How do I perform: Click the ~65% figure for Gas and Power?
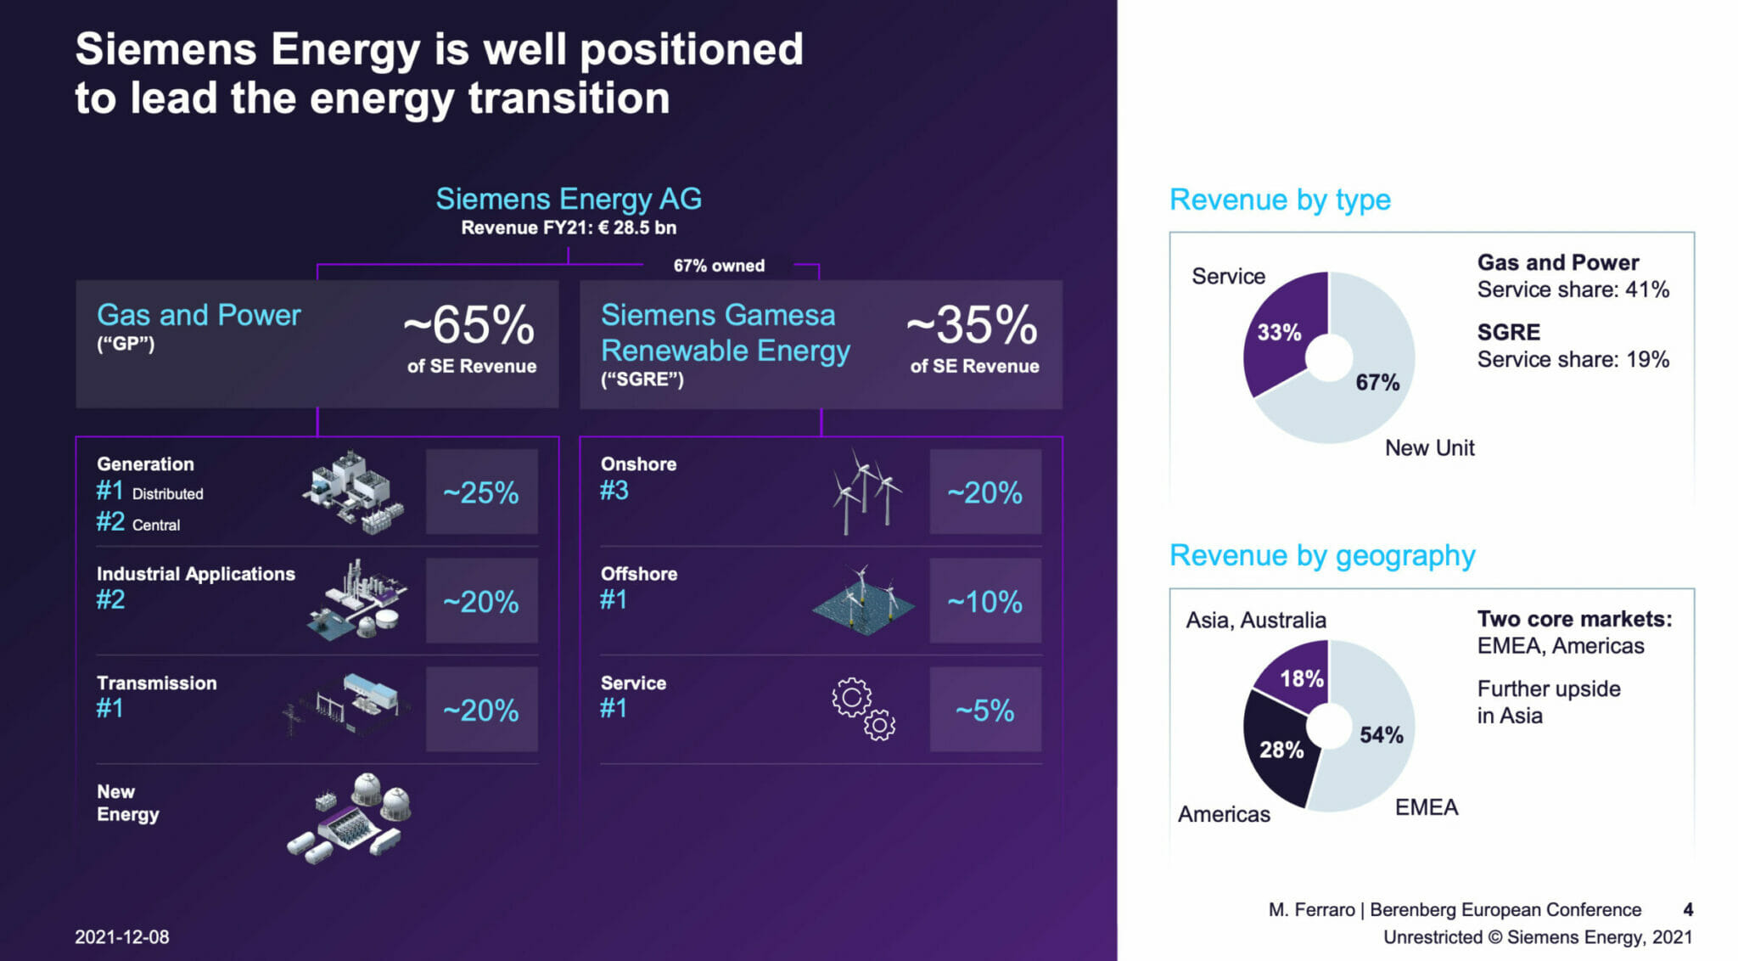pos(469,325)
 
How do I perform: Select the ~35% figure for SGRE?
pos(973,325)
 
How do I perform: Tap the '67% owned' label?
pos(719,266)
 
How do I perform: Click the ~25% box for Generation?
pos(481,492)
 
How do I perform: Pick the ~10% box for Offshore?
pos(984,602)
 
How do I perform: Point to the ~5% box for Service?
pos(984,711)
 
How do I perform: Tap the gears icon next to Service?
pos(863,709)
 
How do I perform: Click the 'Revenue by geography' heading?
pos(1321,555)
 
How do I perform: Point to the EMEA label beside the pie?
pos(1426,806)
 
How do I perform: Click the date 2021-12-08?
pos(122,937)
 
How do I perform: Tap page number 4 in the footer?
pos(1687,910)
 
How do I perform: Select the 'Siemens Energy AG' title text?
pos(568,200)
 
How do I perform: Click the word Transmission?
pos(156,683)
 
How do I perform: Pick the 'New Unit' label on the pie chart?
pos(1429,448)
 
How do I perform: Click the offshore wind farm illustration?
pos(864,602)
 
